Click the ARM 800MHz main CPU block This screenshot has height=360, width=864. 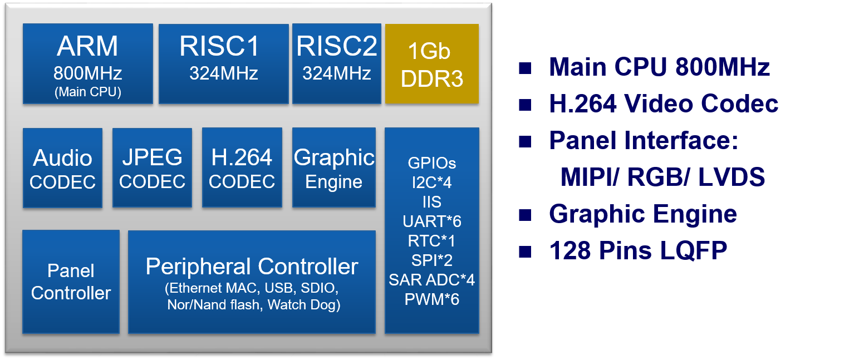coord(87,63)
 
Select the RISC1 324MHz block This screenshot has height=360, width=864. coord(223,63)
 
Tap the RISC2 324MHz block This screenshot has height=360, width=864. coord(336,63)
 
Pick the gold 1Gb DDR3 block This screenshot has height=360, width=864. coord(431,64)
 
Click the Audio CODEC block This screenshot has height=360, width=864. coord(62,168)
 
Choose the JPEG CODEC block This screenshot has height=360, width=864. coord(152,168)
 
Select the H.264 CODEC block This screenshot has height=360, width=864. coord(242,168)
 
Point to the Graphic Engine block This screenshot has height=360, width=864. coord(334,168)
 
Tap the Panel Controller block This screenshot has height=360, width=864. coord(71,282)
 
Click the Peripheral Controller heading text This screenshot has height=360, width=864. coord(252,267)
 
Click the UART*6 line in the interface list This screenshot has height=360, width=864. coord(431,221)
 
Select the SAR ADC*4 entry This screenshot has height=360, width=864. coord(431,280)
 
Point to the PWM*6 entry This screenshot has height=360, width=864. coord(431,299)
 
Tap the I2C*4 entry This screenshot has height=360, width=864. coord(431,182)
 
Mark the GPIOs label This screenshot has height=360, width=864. coord(431,163)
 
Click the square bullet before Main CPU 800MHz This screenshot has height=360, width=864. coord(524,68)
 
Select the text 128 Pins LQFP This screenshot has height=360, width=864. coord(638,251)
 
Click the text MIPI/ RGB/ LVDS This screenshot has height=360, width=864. coord(662,177)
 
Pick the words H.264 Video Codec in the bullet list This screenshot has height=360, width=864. coord(664,104)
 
